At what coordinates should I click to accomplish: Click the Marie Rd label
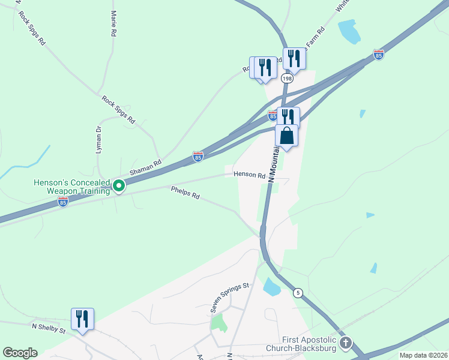coord(113,23)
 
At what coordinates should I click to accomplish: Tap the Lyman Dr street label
coord(98,140)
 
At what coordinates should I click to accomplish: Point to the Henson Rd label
coord(249,175)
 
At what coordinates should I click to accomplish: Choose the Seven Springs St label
coord(229,298)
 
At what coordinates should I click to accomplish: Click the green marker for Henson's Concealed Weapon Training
coord(119,187)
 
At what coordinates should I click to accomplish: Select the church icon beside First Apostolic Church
coord(345,343)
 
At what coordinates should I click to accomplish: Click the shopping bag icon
coord(287,136)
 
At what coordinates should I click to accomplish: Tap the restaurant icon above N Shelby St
coord(82,319)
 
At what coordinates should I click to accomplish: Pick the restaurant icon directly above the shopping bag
coord(289,116)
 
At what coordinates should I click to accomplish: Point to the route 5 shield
coord(297,293)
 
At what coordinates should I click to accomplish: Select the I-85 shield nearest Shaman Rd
coord(198,157)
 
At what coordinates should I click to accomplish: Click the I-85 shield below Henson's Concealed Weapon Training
coord(63,203)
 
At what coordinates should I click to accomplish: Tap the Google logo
coord(20,353)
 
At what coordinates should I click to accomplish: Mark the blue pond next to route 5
coord(272,287)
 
